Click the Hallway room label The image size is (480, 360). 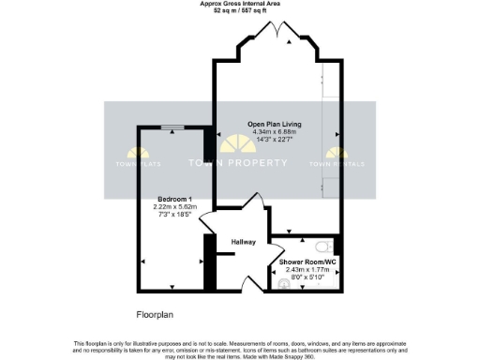[244, 242]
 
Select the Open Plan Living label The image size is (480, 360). [274, 124]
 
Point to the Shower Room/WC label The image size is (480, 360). [309, 262]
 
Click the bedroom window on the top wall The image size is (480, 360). [172, 127]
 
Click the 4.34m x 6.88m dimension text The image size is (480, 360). [274, 132]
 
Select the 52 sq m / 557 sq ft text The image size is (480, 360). [239, 10]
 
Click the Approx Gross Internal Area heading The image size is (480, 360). [239, 4]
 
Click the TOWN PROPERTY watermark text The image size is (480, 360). [239, 163]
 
